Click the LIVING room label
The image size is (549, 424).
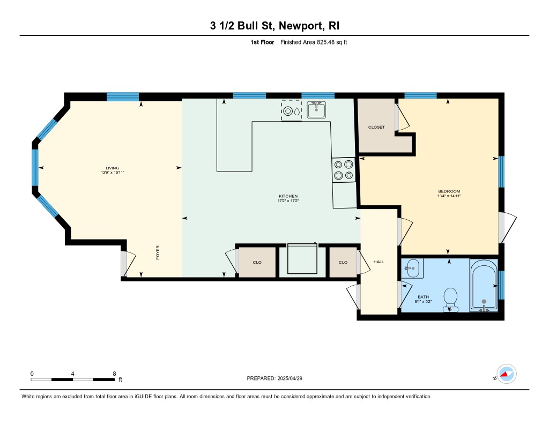click(113, 168)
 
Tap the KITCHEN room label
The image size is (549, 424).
click(288, 196)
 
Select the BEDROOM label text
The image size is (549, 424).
click(449, 191)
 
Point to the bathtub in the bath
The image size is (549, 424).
click(484, 285)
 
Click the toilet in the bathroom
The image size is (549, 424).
click(450, 300)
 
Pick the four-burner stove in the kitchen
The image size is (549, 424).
click(344, 170)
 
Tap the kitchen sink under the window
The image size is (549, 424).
click(316, 109)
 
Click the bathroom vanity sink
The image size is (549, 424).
click(412, 268)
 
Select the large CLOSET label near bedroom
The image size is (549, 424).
click(376, 128)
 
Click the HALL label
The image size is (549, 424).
click(379, 262)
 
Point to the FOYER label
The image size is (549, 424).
click(158, 252)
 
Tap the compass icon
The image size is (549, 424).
click(507, 374)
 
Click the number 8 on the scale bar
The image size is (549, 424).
click(115, 374)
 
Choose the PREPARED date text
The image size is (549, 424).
click(274, 378)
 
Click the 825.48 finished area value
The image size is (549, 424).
click(325, 42)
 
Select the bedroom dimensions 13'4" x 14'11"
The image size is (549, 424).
click(449, 196)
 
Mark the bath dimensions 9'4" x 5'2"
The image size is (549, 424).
click(423, 301)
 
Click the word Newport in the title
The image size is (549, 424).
click(301, 26)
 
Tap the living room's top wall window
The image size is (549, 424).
click(123, 96)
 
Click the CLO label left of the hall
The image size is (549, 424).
click(343, 263)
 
